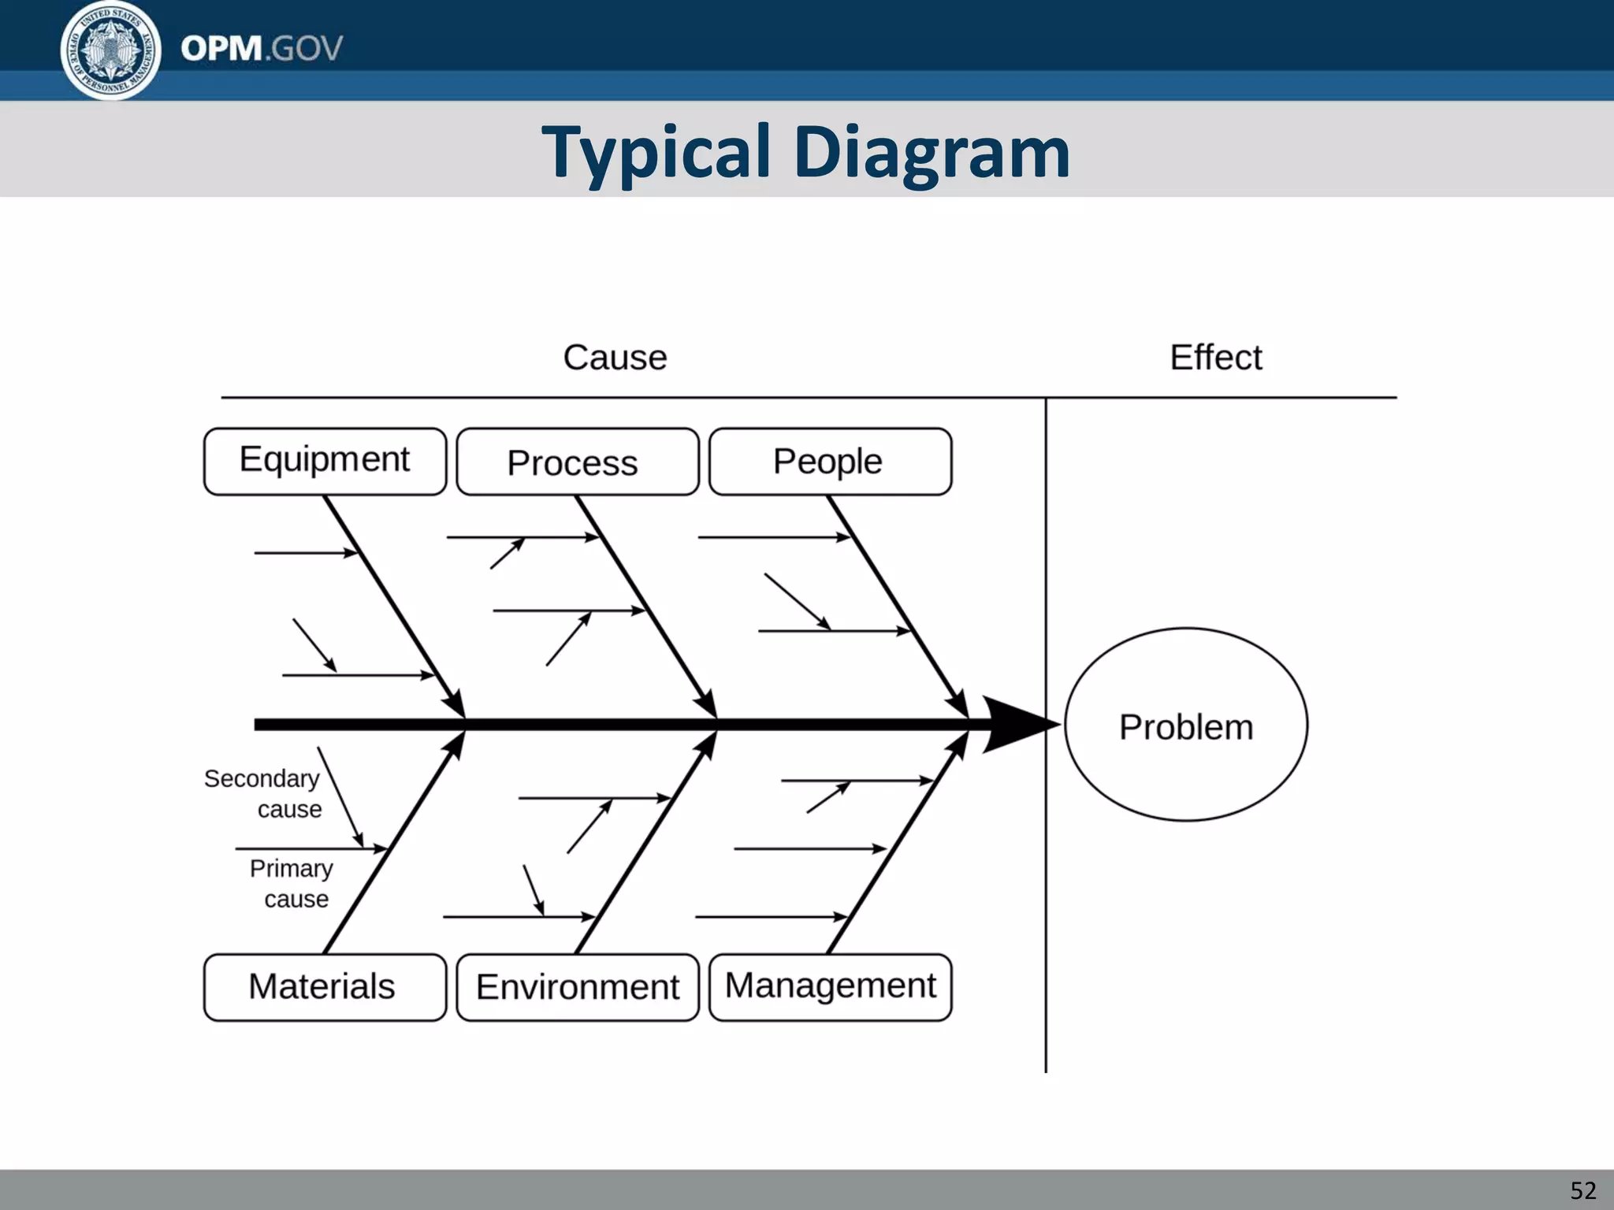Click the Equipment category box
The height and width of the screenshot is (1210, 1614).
[x=325, y=461]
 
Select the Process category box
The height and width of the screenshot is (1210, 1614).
[x=577, y=462]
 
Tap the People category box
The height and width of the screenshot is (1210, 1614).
[x=830, y=462]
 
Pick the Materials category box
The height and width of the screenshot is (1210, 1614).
[x=325, y=987]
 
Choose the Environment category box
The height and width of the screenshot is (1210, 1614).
[x=577, y=987]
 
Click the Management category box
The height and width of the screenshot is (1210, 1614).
[x=830, y=987]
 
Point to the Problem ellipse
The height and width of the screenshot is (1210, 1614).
[x=1185, y=725]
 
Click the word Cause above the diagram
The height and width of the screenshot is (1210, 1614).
[x=615, y=358]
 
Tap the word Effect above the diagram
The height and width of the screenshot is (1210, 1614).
[x=1215, y=358]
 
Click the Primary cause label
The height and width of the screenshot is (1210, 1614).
[x=292, y=883]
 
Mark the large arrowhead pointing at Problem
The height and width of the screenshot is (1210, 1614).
[x=1017, y=725]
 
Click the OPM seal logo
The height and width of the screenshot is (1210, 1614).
[x=110, y=50]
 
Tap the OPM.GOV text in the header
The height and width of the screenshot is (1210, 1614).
[x=261, y=49]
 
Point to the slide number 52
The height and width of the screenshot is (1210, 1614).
[x=1582, y=1190]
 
